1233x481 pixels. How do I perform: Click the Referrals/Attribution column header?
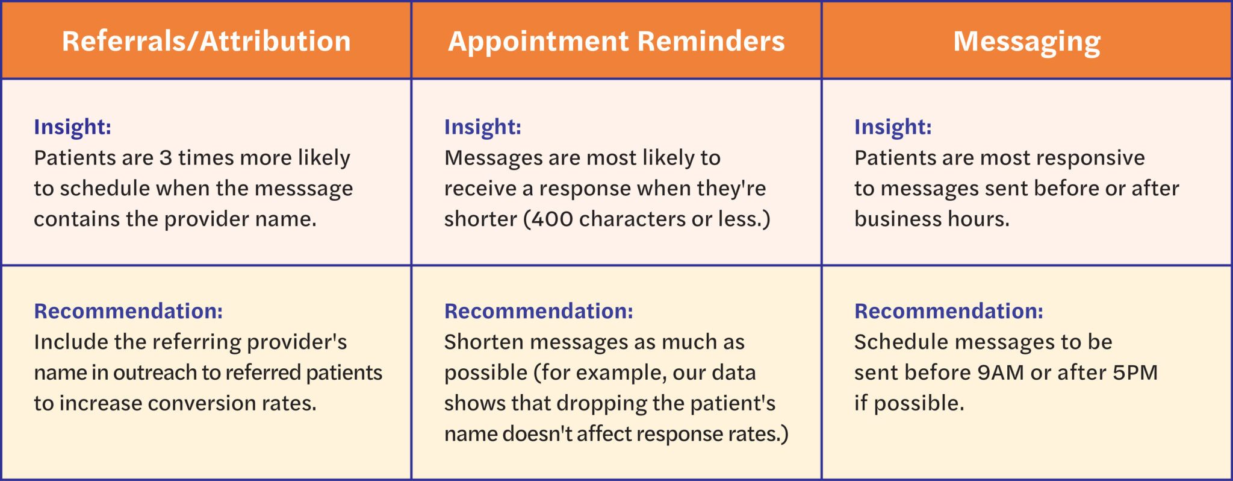click(x=206, y=41)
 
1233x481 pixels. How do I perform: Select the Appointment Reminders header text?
click(x=616, y=41)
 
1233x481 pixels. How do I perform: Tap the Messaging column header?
click(x=1026, y=41)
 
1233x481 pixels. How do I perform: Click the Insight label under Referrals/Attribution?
click(x=72, y=127)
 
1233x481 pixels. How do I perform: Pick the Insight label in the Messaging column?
click(x=893, y=127)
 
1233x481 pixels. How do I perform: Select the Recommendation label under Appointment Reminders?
click(x=538, y=311)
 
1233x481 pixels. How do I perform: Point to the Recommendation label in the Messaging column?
click(x=948, y=311)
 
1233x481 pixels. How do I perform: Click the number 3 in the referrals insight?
click(x=166, y=158)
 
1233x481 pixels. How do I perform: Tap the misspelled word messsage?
click(x=303, y=189)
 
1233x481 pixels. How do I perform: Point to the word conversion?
click(x=202, y=403)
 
